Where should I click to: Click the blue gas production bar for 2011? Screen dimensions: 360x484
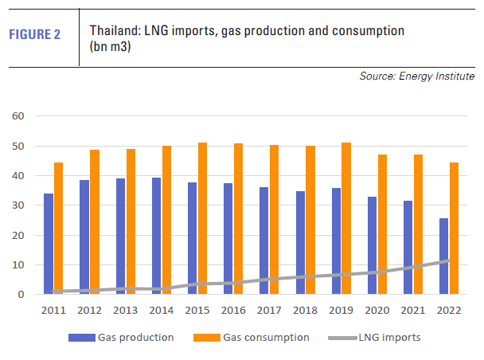49,244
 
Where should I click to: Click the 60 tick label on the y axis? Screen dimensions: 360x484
19,116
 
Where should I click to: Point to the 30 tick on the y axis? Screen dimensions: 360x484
19,205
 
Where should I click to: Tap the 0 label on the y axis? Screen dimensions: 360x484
22,295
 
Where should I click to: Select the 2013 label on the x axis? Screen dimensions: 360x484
126,310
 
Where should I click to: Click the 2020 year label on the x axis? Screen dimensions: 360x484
377,310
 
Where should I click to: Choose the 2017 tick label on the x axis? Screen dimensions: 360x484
269,310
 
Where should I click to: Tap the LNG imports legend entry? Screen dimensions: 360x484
392,338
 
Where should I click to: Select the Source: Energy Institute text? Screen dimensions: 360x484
417,76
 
